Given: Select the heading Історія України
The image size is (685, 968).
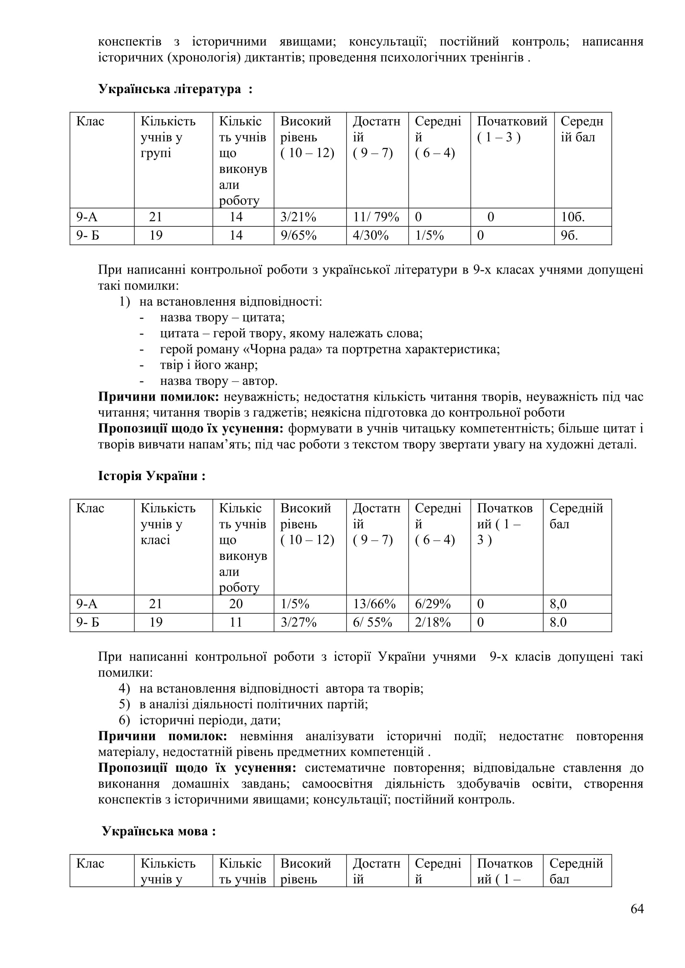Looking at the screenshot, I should click(x=152, y=476).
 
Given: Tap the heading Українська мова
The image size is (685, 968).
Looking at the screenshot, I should click(x=159, y=831).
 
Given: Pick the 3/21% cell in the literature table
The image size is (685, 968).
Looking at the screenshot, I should click(x=298, y=217).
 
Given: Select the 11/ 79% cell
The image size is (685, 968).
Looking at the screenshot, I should click(x=376, y=217).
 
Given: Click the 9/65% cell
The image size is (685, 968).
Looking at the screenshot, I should click(x=298, y=235).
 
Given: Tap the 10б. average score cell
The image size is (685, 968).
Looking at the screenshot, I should click(x=572, y=217).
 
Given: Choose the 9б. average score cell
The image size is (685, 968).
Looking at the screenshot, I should click(x=569, y=235).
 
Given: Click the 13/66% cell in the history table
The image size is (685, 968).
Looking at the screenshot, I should click(x=374, y=604).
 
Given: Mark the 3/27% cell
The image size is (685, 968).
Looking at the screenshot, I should click(x=298, y=622).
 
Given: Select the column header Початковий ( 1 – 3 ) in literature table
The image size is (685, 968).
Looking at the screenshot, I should click(x=511, y=129).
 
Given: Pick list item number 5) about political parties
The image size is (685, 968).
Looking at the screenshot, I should click(x=253, y=704).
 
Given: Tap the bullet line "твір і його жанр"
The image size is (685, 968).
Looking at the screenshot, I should click(x=209, y=365).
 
